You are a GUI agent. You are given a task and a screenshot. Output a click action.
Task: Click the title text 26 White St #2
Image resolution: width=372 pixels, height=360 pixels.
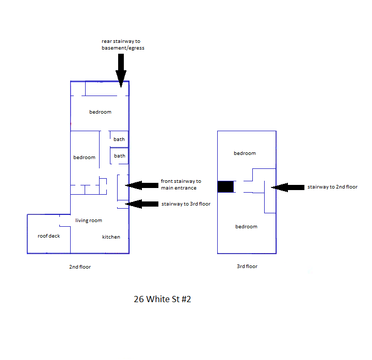[162, 299]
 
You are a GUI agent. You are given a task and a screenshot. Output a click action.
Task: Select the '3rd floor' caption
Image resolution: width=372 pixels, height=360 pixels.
[247, 267]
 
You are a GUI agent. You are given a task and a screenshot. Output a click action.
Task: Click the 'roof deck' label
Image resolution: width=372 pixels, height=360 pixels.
[48, 236]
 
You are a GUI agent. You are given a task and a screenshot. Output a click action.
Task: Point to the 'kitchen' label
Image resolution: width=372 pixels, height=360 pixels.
[111, 237]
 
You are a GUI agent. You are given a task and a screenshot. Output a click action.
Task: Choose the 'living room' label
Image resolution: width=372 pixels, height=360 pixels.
[89, 221]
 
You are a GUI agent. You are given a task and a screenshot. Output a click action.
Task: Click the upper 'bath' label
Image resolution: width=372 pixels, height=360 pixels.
[119, 139]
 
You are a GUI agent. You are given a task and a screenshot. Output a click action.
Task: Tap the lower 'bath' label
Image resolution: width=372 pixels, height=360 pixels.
[119, 156]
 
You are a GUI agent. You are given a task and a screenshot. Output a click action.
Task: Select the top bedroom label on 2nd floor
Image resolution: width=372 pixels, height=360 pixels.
[100, 112]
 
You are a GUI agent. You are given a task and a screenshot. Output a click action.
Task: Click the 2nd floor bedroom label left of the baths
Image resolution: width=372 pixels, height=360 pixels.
[84, 158]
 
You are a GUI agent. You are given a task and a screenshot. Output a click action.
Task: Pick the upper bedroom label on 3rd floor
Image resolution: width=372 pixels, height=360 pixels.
[245, 153]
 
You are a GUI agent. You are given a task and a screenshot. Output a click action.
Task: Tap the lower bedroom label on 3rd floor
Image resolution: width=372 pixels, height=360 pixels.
[246, 227]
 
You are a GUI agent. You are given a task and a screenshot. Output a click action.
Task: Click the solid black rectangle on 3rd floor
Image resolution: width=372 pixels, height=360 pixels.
[225, 186]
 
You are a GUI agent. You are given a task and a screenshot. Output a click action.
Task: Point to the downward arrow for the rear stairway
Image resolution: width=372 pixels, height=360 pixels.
[121, 70]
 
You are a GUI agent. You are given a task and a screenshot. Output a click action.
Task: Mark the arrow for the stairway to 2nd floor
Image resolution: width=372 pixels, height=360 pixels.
[288, 187]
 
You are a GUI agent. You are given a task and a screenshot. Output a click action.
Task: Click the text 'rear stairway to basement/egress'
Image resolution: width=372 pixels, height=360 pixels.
[123, 44]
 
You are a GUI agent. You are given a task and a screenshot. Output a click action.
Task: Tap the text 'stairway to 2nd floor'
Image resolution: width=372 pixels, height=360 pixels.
[332, 187]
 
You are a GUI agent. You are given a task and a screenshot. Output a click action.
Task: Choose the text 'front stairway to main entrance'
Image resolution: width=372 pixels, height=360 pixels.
[181, 184]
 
